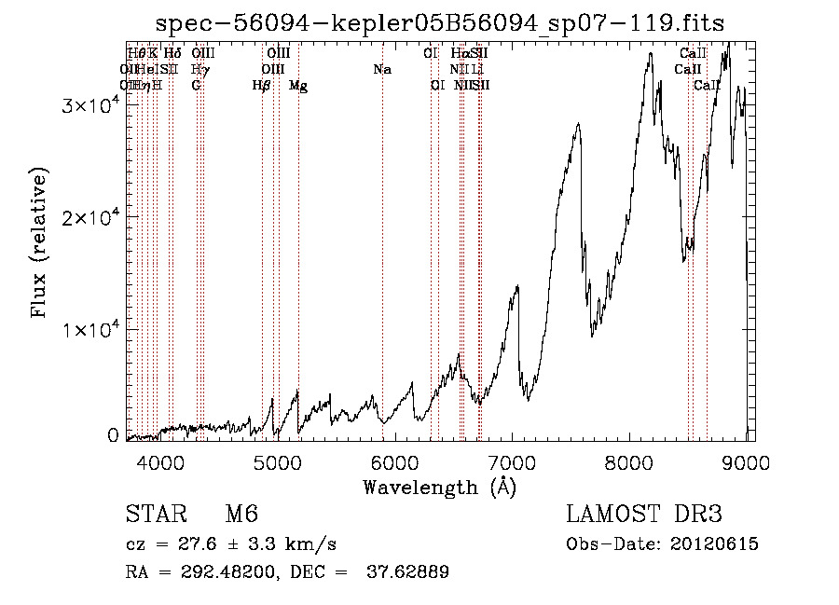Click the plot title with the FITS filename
point(440,23)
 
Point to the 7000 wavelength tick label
point(512,461)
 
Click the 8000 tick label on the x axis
point(629,461)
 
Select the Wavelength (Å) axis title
point(440,487)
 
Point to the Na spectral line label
point(381,70)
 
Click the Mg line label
point(298,86)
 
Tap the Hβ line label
point(262,86)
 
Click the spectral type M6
point(241,516)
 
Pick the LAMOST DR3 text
point(644,516)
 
